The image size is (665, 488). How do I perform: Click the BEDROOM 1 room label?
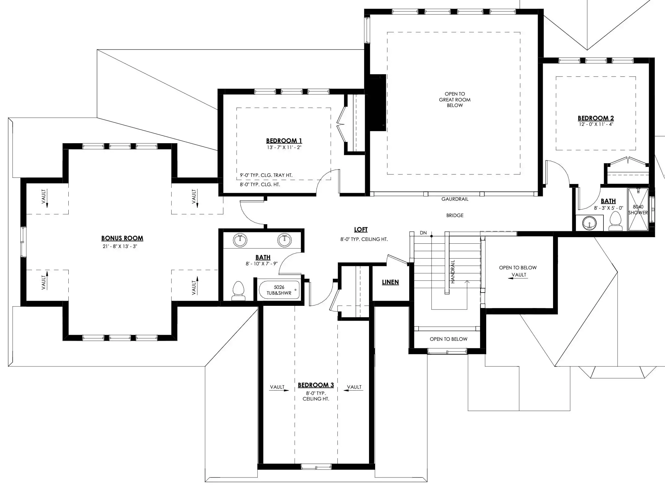click(x=284, y=141)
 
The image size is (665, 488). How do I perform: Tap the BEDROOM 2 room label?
click(x=596, y=118)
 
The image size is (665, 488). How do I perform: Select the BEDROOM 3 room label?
click(x=316, y=385)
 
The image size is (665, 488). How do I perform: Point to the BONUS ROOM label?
click(x=122, y=238)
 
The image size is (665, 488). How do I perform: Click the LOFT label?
click(x=361, y=229)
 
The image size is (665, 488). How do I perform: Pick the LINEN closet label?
click(x=390, y=282)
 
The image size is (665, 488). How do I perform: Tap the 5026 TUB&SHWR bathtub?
click(x=279, y=290)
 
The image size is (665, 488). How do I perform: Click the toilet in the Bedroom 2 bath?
click(x=616, y=221)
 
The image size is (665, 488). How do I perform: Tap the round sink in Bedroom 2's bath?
click(x=589, y=223)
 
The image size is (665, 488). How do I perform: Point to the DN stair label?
click(x=423, y=233)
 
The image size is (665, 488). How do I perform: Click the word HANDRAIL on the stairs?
click(x=453, y=272)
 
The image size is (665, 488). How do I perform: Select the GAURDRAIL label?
click(x=455, y=199)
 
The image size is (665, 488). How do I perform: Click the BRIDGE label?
click(x=455, y=216)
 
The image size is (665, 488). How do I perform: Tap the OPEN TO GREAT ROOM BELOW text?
click(x=455, y=100)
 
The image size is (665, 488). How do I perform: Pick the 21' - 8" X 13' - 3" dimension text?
click(x=120, y=246)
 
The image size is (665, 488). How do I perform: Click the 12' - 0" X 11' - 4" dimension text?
click(x=596, y=124)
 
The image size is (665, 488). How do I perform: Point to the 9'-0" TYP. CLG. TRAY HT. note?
click(x=266, y=175)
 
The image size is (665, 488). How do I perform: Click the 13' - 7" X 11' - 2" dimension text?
click(x=284, y=148)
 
